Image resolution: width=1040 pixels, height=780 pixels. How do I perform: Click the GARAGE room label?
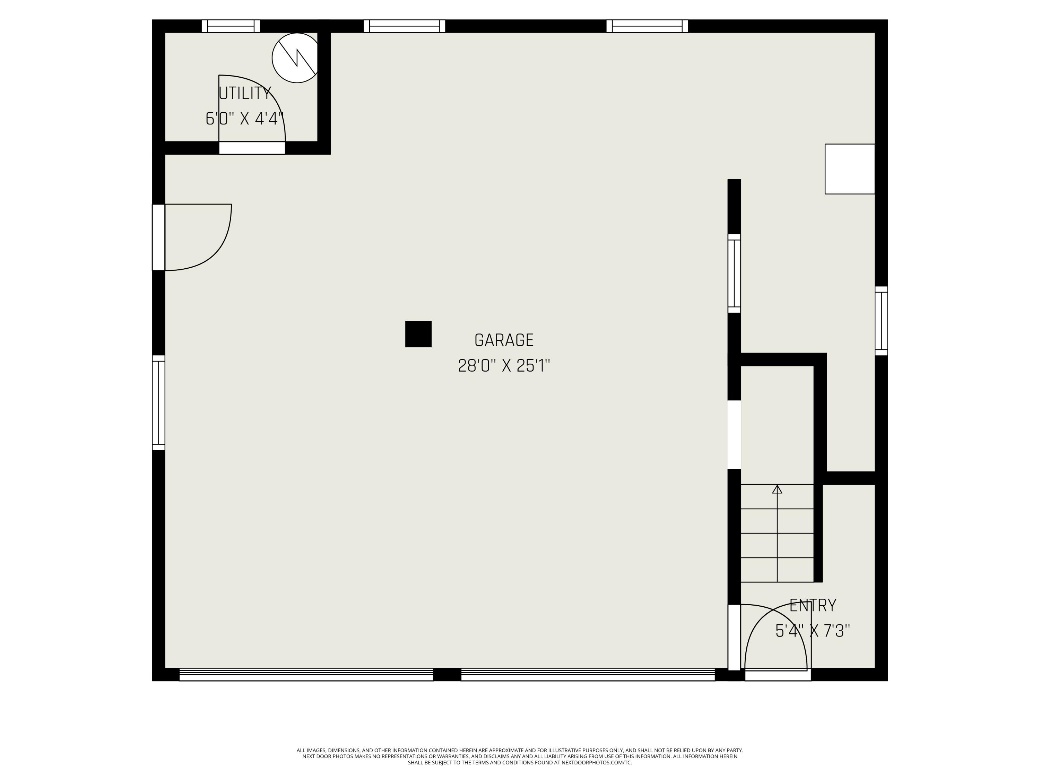click(504, 340)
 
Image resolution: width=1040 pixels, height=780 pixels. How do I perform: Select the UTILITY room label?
click(245, 94)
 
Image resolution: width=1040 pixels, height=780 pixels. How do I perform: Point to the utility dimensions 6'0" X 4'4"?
click(245, 119)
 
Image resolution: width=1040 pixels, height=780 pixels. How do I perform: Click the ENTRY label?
click(813, 606)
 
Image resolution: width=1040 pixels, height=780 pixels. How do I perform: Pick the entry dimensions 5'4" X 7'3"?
click(813, 631)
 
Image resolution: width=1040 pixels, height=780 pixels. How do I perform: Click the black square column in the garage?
click(418, 334)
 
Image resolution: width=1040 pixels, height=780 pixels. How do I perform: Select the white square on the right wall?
click(850, 169)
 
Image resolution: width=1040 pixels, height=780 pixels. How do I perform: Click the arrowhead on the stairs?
click(777, 489)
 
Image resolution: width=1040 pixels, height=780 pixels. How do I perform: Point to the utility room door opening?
click(252, 148)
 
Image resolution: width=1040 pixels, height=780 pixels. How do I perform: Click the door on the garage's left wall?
click(158, 237)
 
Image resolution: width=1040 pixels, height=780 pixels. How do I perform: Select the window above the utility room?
click(231, 26)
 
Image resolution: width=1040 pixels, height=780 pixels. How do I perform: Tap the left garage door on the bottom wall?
click(306, 674)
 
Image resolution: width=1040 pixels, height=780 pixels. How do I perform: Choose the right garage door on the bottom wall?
click(588, 674)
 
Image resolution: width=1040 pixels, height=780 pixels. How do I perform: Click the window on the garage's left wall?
click(158, 403)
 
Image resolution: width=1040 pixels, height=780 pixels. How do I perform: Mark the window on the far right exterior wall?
click(881, 321)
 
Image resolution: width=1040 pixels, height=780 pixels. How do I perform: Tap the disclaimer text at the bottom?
click(520, 756)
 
